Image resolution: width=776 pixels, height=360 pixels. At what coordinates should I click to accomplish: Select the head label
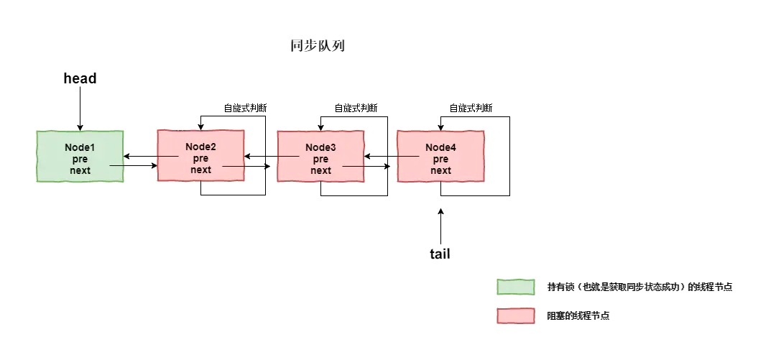pyautogui.click(x=80, y=79)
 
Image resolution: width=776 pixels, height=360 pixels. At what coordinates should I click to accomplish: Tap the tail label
pyautogui.click(x=440, y=254)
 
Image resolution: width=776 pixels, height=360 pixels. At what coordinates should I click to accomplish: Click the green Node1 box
pyautogui.click(x=80, y=157)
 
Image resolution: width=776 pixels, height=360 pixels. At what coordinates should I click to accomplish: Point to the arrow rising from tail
pyautogui.click(x=440, y=226)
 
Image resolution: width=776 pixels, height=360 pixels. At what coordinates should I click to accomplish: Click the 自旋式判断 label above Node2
pyautogui.click(x=245, y=109)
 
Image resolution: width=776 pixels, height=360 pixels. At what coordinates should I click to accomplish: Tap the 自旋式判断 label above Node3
pyautogui.click(x=356, y=109)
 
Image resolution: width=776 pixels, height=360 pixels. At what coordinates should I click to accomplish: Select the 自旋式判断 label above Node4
pyautogui.click(x=471, y=109)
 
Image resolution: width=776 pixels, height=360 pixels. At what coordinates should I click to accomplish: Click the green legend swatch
pyautogui.click(x=516, y=287)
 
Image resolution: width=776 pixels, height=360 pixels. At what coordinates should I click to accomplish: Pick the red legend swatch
pyautogui.click(x=516, y=316)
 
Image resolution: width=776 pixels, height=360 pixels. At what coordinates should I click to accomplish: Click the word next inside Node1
pyautogui.click(x=80, y=170)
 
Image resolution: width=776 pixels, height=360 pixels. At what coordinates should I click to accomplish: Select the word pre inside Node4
pyautogui.click(x=441, y=159)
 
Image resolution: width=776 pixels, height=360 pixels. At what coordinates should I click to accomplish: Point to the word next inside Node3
pyautogui.click(x=321, y=170)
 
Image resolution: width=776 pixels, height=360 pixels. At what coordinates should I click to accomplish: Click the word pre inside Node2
pyautogui.click(x=201, y=158)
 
